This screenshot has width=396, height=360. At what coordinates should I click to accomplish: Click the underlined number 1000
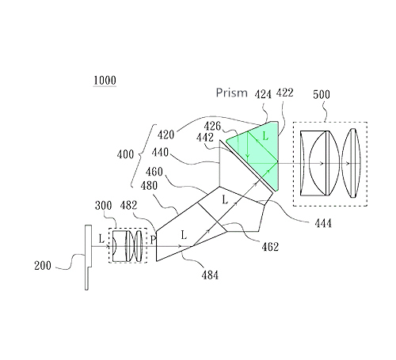[105, 81]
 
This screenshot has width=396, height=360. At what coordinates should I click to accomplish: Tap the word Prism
[232, 93]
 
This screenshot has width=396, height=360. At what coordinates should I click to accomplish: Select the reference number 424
[263, 94]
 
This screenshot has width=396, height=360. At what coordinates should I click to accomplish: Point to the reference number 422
[284, 93]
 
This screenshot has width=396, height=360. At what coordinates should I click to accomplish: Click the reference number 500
[322, 94]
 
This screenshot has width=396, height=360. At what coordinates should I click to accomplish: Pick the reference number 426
[212, 126]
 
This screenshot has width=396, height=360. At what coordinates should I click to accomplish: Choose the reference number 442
[205, 138]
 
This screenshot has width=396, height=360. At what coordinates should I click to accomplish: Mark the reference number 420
[166, 135]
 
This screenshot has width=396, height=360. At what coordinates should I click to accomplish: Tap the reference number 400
[125, 154]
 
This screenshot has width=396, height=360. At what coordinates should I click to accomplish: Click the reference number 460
[154, 172]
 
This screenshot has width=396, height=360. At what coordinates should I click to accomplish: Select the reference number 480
[149, 186]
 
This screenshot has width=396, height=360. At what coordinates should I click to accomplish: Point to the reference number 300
[104, 206]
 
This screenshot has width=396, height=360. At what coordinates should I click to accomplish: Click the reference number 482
[128, 206]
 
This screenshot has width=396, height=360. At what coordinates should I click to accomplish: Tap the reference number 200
[43, 265]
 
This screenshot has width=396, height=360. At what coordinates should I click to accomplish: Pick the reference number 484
[210, 275]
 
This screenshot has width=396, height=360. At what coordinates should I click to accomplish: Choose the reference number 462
[270, 247]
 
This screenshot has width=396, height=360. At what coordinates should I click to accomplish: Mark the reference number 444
[323, 224]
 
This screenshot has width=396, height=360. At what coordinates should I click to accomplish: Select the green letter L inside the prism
[265, 136]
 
